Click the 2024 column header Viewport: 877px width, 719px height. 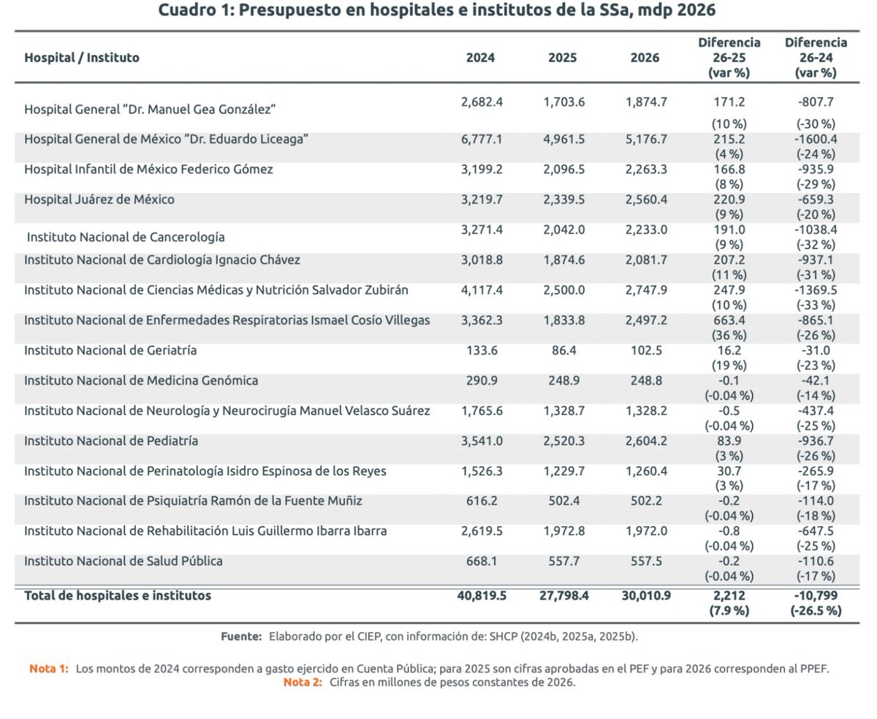pos(480,58)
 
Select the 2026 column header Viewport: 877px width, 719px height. pos(644,58)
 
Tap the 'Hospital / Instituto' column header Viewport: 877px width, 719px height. pos(82,58)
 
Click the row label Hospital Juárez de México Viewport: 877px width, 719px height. pos(99,199)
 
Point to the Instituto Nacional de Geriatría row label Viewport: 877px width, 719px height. pos(110,350)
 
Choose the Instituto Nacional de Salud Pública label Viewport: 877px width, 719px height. pos(124,561)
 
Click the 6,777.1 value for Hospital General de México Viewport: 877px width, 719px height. pos(482,139)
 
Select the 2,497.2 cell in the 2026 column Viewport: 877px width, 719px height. pos(646,320)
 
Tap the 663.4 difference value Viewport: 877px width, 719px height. pos(729,320)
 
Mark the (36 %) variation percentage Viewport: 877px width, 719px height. pos(729,335)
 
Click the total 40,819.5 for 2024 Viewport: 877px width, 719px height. pos(482,596)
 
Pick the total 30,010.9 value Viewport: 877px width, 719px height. pos(646,596)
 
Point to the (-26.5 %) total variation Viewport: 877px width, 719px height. pos(816,611)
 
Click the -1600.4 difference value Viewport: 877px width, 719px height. pos(816,139)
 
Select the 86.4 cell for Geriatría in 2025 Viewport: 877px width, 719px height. pos(563,350)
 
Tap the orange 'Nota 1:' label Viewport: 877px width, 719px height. pos(49,669)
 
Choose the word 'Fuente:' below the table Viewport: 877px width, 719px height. pos(241,636)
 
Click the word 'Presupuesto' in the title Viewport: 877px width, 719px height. pos(289,10)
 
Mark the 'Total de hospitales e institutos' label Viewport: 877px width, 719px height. pos(118,596)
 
